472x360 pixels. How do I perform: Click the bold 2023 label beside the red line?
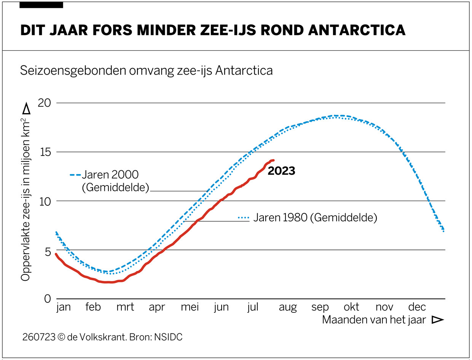point(281,171)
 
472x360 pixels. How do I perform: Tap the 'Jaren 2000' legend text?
point(110,175)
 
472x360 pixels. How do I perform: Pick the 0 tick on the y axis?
point(48,299)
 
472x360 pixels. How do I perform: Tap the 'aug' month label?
point(287,307)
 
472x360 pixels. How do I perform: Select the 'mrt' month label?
point(125,307)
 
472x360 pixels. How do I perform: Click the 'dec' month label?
point(417,307)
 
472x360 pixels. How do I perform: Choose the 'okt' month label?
point(351,307)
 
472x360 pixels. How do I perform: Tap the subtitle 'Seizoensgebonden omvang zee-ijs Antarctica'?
point(146,70)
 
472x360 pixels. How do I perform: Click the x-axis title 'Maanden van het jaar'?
point(374,320)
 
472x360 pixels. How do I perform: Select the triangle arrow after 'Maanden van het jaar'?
point(438,320)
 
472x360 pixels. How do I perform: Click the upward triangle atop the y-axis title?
point(26,109)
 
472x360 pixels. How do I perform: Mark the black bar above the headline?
point(41,5)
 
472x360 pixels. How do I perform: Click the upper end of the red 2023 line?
point(273,160)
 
